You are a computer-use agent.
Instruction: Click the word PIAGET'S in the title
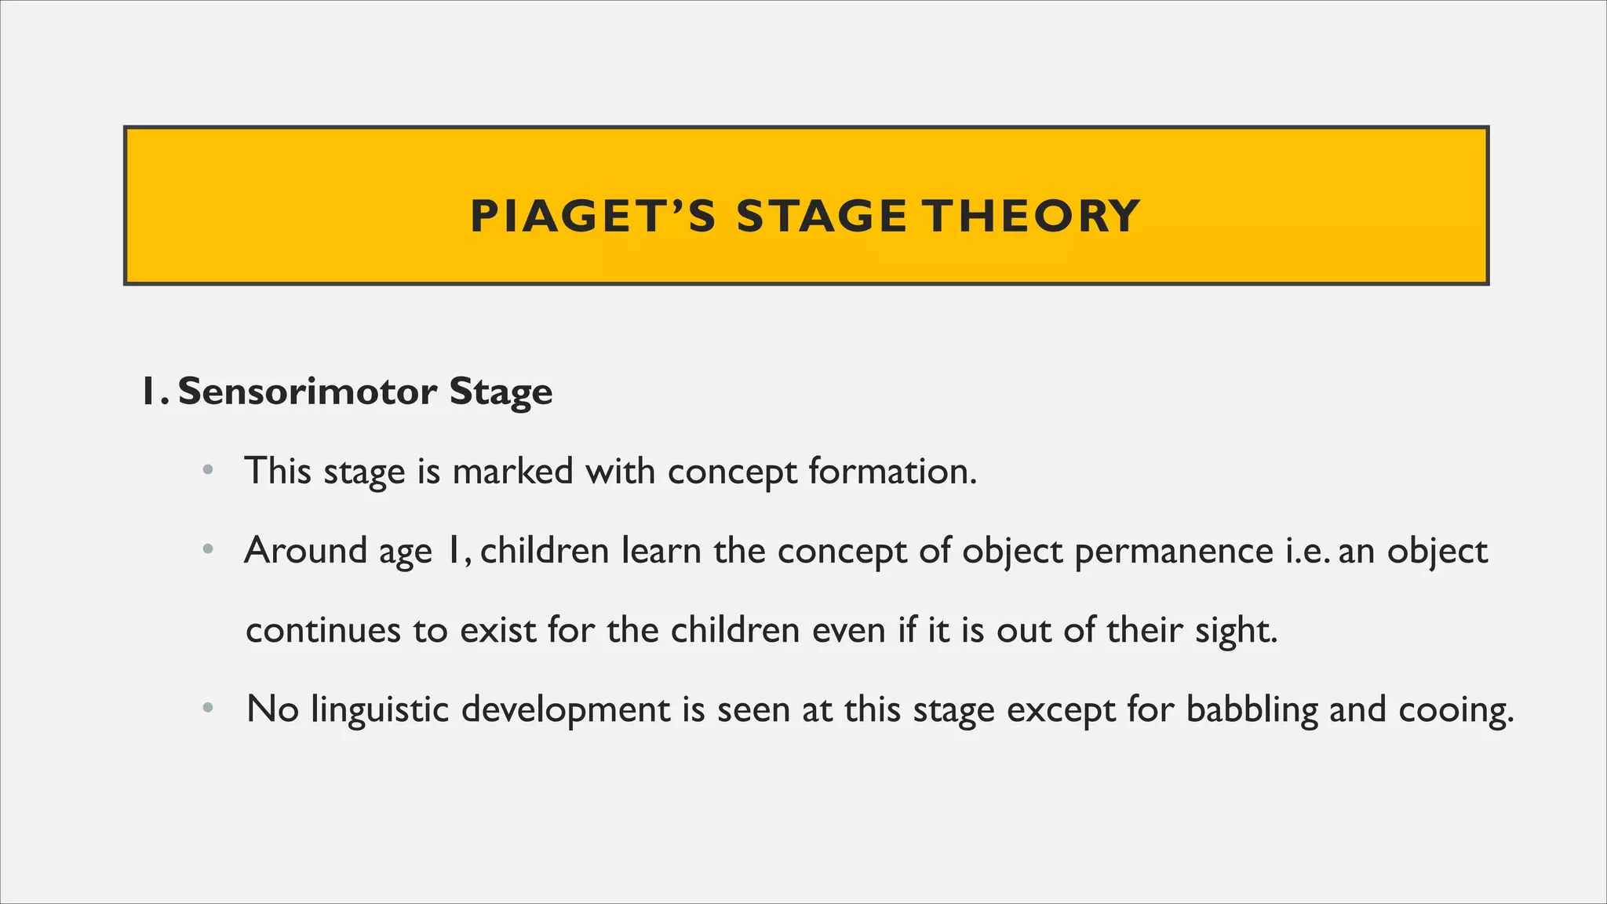[x=592, y=217]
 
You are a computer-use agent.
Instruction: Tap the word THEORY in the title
[x=1031, y=217]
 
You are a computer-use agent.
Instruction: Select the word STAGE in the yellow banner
[x=822, y=217]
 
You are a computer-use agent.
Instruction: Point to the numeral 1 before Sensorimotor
[x=149, y=392]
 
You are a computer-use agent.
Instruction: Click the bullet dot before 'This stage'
[x=207, y=472]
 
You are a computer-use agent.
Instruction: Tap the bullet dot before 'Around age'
[x=207, y=551]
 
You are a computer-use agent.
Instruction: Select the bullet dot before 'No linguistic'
[x=207, y=709]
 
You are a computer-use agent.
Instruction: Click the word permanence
[x=1173, y=551]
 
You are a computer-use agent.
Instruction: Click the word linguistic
[x=380, y=709]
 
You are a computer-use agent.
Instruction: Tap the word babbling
[x=1252, y=709]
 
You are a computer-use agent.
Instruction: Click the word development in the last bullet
[x=565, y=709]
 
